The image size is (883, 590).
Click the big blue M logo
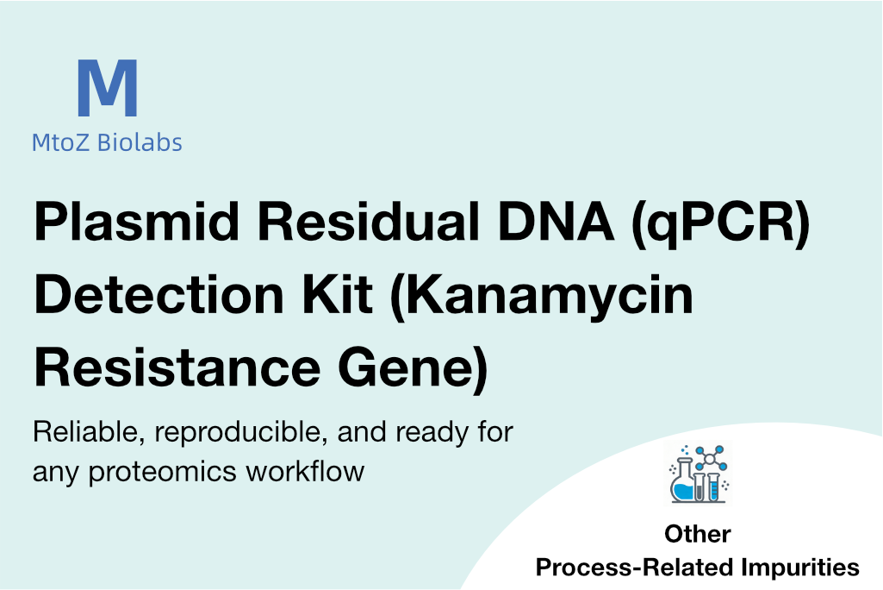coord(107,87)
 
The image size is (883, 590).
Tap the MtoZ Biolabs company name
coord(107,142)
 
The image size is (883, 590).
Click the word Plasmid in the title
coord(137,222)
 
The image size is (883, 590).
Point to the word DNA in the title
coord(556,221)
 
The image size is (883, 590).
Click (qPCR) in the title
coord(721,223)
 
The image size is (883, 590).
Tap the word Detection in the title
coord(159,294)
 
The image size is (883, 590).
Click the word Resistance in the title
coord(177,367)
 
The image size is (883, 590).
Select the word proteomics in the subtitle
coord(162,473)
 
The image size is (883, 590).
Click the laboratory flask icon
coord(699,474)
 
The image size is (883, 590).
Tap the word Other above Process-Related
coord(698,534)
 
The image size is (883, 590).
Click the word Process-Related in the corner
coord(633,567)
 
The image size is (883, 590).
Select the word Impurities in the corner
coord(799,568)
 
